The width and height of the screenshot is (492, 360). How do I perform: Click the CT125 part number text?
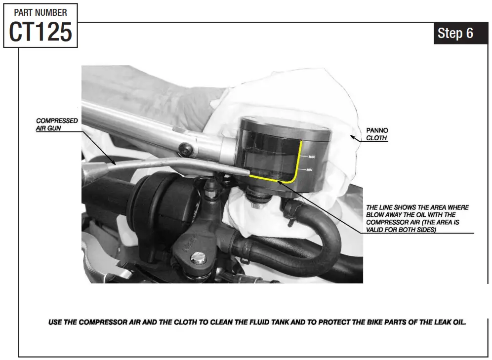(41, 32)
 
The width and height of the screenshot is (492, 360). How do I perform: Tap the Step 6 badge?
(455, 33)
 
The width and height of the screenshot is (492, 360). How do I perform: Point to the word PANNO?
(377, 131)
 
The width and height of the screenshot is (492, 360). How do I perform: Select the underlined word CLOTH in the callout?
(376, 138)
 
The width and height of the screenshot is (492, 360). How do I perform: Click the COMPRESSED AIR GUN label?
(57, 124)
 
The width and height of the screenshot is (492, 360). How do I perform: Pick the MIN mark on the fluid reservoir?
(310, 170)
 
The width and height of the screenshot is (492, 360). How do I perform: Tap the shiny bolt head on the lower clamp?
(198, 257)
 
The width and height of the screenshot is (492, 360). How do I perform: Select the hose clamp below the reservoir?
(290, 208)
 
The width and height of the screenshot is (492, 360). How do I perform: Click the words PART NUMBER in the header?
(41, 12)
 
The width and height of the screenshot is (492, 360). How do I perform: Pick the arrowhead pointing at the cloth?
(352, 135)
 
